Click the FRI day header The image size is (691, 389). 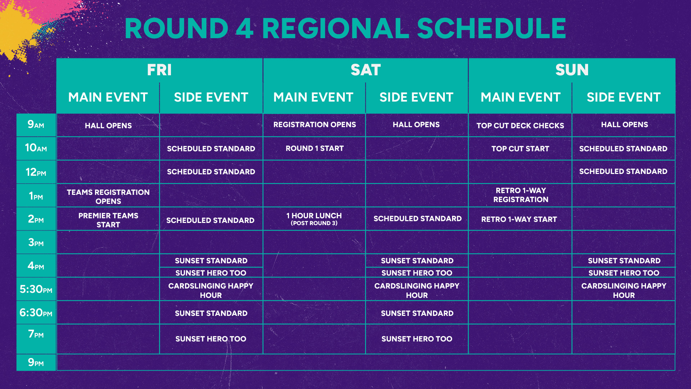point(159,70)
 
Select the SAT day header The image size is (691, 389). point(366,70)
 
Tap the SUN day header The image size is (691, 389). point(572,70)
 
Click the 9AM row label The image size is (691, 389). point(36,125)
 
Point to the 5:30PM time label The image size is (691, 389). point(36,289)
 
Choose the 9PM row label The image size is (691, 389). point(36,362)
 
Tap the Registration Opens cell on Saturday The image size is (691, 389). point(315,125)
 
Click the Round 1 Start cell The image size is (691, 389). point(315,148)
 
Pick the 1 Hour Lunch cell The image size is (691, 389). point(314,219)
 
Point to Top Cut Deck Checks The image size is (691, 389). point(520,126)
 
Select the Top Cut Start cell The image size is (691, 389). point(520,149)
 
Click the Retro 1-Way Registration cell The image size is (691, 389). point(521,195)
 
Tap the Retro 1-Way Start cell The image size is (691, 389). point(519,219)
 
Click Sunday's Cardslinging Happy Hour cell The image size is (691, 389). point(624,290)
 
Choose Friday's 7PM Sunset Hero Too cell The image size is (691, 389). point(211,339)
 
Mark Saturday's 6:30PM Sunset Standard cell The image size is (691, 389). point(417,313)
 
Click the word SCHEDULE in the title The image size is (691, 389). point(492,28)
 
